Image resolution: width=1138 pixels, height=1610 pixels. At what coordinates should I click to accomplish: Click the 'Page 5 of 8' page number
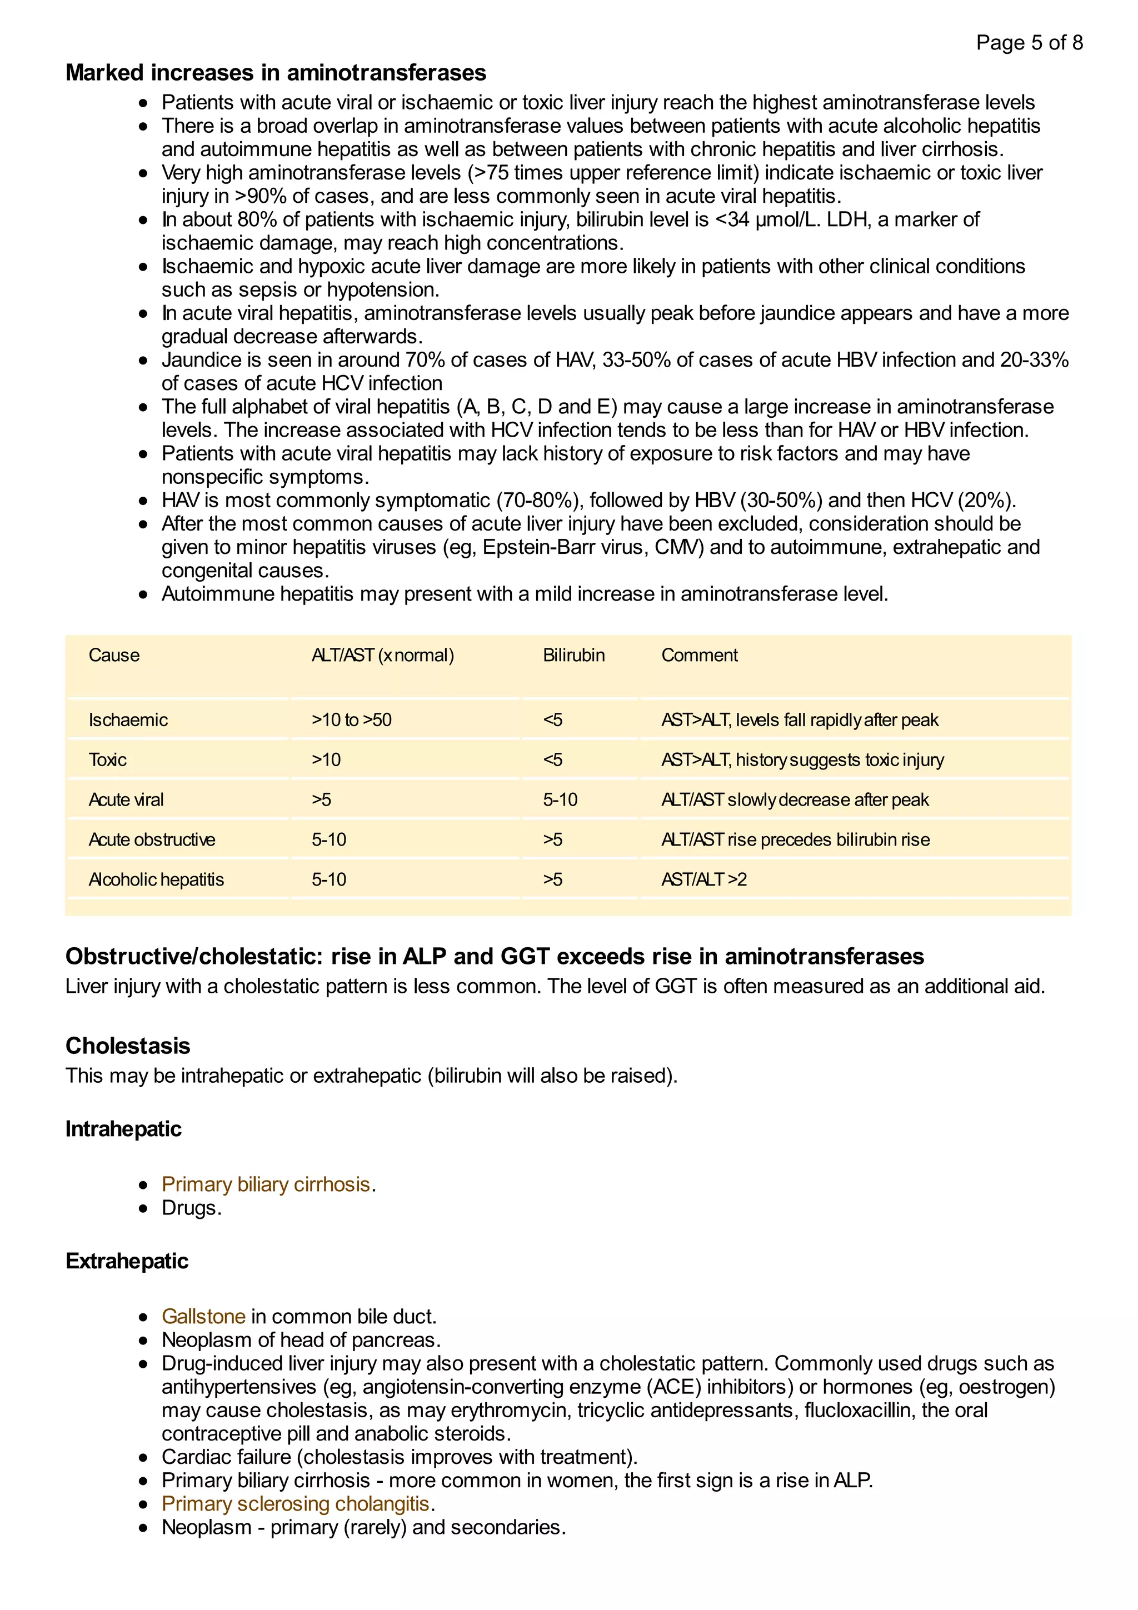coord(1029,43)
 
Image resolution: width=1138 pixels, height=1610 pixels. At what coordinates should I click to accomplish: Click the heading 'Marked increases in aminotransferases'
coord(276,73)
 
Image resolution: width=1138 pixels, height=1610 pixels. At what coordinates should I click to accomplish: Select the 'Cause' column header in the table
coord(113,655)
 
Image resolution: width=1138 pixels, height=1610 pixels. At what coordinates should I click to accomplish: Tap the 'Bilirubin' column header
coord(573,655)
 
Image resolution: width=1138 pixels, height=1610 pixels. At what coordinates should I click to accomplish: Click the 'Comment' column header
coord(699,655)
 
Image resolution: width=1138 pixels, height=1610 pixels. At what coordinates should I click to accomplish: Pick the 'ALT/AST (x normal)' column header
coord(382,655)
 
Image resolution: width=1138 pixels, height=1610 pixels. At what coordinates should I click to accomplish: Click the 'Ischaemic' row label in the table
coord(128,719)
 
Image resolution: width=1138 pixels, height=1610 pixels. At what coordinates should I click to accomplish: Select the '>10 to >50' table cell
coord(351,719)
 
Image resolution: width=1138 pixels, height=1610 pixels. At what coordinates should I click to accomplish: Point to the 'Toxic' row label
coord(107,759)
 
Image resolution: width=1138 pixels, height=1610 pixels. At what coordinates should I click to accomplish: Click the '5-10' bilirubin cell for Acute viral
coord(560,799)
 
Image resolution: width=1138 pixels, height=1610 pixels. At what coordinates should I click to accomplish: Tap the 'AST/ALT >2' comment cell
coord(703,879)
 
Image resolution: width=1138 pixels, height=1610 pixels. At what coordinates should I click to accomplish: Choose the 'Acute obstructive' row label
coord(152,839)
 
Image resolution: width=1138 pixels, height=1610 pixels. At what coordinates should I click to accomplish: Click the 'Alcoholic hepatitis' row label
coord(156,879)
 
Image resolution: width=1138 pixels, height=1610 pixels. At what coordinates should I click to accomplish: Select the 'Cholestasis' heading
coord(128,1046)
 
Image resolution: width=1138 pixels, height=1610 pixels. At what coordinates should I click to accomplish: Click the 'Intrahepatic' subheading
coord(123,1129)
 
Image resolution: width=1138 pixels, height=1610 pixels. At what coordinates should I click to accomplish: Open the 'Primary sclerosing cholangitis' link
coord(295,1504)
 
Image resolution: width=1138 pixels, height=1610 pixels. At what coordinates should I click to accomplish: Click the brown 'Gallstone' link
coord(203,1316)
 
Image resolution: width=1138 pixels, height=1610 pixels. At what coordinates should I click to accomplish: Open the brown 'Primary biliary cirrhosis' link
coord(266,1184)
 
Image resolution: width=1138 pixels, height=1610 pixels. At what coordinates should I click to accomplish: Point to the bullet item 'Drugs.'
coord(191,1208)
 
